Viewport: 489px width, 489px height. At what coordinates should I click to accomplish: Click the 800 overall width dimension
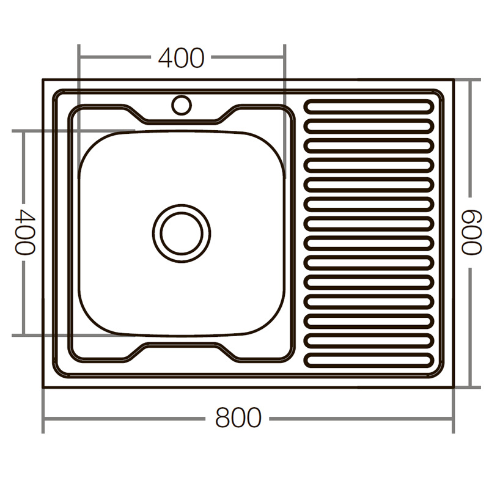(x=238, y=418)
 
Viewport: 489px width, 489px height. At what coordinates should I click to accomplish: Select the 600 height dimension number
(x=471, y=232)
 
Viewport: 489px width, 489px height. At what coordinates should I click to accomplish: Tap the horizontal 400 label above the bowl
(x=181, y=58)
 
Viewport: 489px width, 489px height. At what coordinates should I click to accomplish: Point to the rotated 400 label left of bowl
(x=24, y=232)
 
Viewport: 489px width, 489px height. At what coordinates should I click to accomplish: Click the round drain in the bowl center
(x=181, y=233)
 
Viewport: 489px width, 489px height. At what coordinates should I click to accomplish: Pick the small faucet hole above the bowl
(x=181, y=105)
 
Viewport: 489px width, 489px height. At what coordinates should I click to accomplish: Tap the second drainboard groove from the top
(x=369, y=126)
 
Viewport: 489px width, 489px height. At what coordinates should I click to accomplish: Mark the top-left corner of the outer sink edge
(x=43, y=80)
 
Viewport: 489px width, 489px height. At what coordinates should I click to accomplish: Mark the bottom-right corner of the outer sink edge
(x=453, y=387)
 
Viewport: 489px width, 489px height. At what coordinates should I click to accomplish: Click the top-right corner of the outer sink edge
(x=453, y=80)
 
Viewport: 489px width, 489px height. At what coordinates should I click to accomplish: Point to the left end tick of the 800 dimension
(x=43, y=419)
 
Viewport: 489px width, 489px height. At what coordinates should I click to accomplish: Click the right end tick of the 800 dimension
(x=453, y=419)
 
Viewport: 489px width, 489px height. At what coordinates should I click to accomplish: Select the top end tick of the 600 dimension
(x=471, y=80)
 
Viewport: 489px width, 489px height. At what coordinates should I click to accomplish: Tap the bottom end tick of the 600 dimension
(x=471, y=387)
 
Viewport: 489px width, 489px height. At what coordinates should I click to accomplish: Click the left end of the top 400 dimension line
(x=79, y=57)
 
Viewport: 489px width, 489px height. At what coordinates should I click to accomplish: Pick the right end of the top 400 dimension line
(x=284, y=57)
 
